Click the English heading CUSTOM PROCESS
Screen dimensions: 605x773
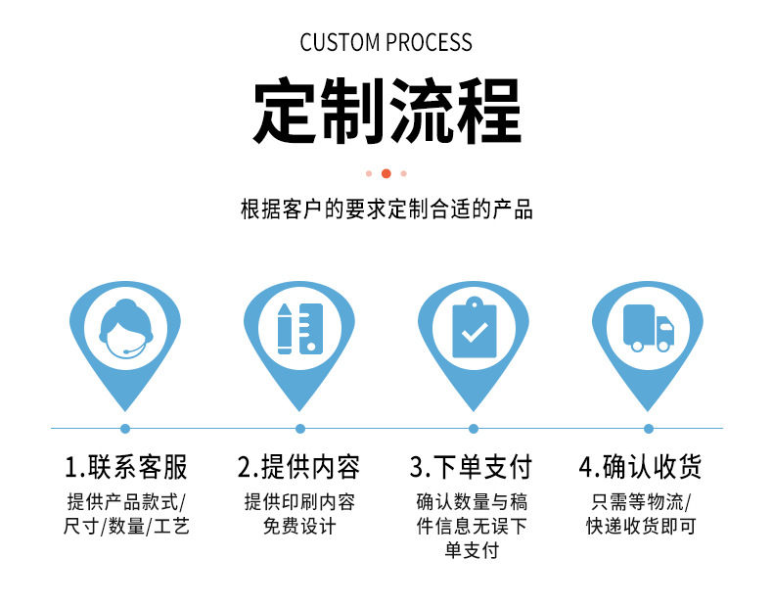(386, 42)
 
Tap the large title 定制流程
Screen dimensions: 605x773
(386, 111)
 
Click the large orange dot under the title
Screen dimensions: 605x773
(386, 173)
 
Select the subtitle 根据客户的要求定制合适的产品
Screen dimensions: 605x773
(386, 209)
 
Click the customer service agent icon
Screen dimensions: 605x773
(125, 327)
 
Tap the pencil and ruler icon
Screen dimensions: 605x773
(299, 327)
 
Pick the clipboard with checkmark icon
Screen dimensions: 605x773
(474, 327)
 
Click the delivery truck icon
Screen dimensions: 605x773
(648, 327)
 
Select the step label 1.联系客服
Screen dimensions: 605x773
(125, 466)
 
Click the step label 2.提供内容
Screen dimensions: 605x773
(299, 466)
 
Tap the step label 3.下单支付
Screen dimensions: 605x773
(474, 466)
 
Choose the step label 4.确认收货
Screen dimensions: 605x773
(648, 466)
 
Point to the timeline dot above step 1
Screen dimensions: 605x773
(125, 428)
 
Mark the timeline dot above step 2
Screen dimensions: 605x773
(300, 428)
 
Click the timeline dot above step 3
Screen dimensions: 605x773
(474, 428)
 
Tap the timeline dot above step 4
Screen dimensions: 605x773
(648, 428)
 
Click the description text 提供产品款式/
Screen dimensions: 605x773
(125, 502)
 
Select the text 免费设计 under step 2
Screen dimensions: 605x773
(299, 527)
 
